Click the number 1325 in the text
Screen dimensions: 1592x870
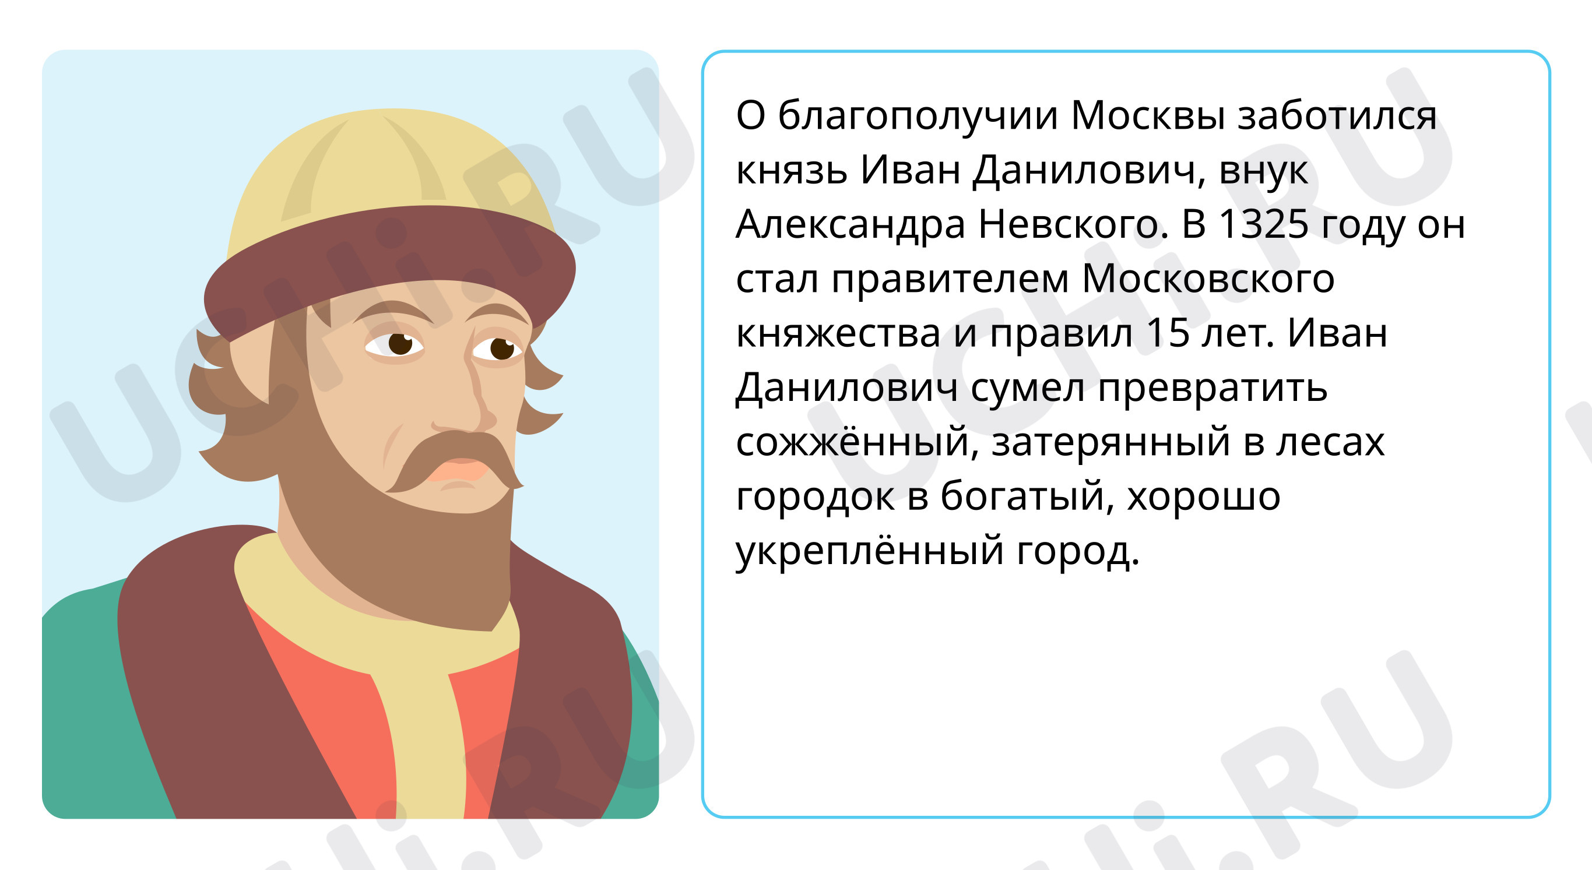pos(1263,224)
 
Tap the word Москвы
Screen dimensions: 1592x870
pos(1148,115)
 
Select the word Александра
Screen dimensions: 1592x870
pos(851,225)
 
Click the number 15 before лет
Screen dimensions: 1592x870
pos(1168,333)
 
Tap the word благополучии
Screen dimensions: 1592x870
pos(918,116)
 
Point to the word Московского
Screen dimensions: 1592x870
pos(1208,279)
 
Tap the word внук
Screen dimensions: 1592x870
pos(1263,171)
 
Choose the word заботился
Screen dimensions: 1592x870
pos(1337,116)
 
